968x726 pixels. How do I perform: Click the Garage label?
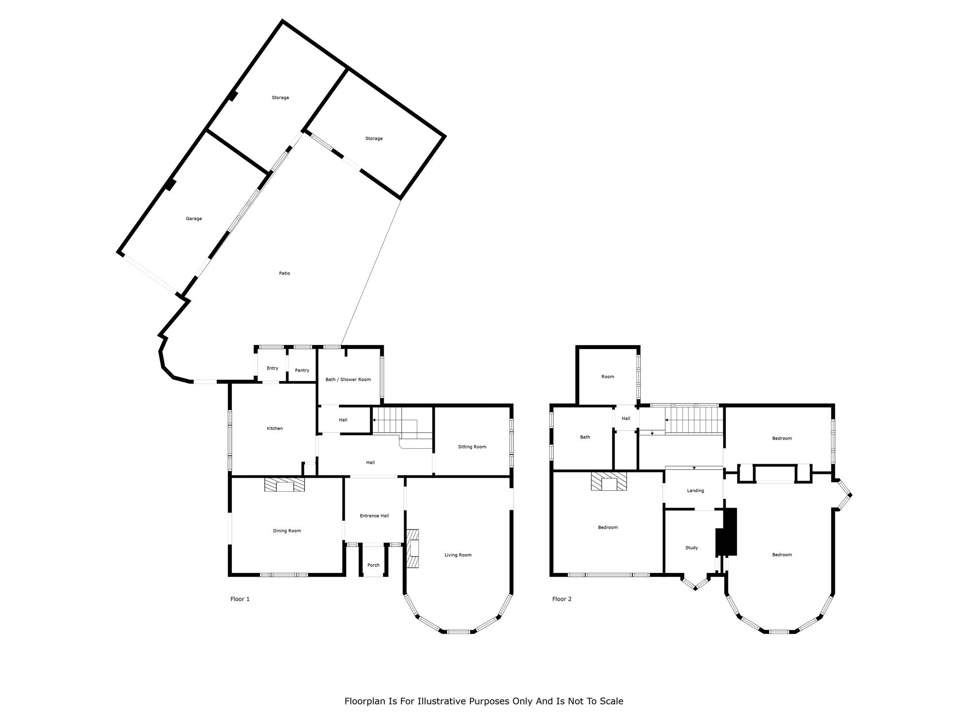(x=194, y=219)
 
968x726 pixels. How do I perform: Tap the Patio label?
(x=285, y=273)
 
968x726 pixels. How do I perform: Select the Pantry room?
(x=302, y=370)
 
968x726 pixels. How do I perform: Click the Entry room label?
(x=272, y=368)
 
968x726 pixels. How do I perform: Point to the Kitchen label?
(x=275, y=428)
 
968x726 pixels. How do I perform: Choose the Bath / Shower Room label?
(x=348, y=379)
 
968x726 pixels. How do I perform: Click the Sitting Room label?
(x=472, y=447)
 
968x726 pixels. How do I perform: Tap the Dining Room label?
(x=287, y=531)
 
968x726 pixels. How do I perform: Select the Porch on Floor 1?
(x=374, y=565)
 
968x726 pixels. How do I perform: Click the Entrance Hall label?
(x=374, y=516)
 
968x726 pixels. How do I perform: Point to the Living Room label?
(x=458, y=555)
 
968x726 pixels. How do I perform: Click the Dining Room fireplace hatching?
(x=285, y=485)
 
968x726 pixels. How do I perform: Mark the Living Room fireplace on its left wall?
(x=412, y=548)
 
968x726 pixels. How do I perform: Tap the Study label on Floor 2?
(x=692, y=548)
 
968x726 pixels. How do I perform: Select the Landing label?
(x=696, y=491)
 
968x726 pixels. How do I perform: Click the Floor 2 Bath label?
(x=585, y=437)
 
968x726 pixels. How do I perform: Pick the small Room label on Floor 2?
(x=607, y=377)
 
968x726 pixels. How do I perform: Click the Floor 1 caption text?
(x=240, y=599)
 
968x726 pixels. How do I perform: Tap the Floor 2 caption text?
(x=562, y=599)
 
